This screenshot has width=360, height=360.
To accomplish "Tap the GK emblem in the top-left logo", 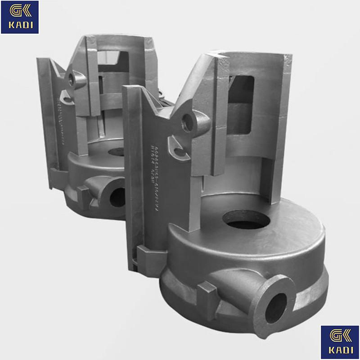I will (x=20, y=12).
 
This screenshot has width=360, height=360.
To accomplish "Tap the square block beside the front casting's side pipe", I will (x=208, y=295).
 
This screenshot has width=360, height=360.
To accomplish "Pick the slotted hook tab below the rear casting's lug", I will (x=66, y=96).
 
